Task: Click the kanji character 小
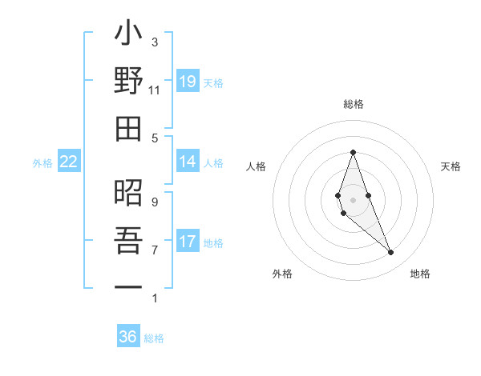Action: point(128,37)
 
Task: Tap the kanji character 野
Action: point(128,82)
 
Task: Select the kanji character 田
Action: point(128,128)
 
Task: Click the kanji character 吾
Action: point(128,241)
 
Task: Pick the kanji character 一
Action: point(128,286)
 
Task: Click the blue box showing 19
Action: point(188,82)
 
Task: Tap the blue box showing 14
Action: point(188,162)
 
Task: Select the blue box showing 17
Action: point(188,242)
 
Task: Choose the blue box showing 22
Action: point(69,162)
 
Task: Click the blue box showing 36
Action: point(128,337)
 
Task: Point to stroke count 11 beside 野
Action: point(155,90)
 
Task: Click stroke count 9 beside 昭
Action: point(155,202)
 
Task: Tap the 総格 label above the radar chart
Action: point(354,104)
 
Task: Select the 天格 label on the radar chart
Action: point(451,166)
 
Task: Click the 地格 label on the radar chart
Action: point(420,274)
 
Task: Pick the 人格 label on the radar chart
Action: point(257,166)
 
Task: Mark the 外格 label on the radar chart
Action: point(282,274)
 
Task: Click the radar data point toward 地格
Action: point(390,253)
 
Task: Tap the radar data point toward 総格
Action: point(353,152)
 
